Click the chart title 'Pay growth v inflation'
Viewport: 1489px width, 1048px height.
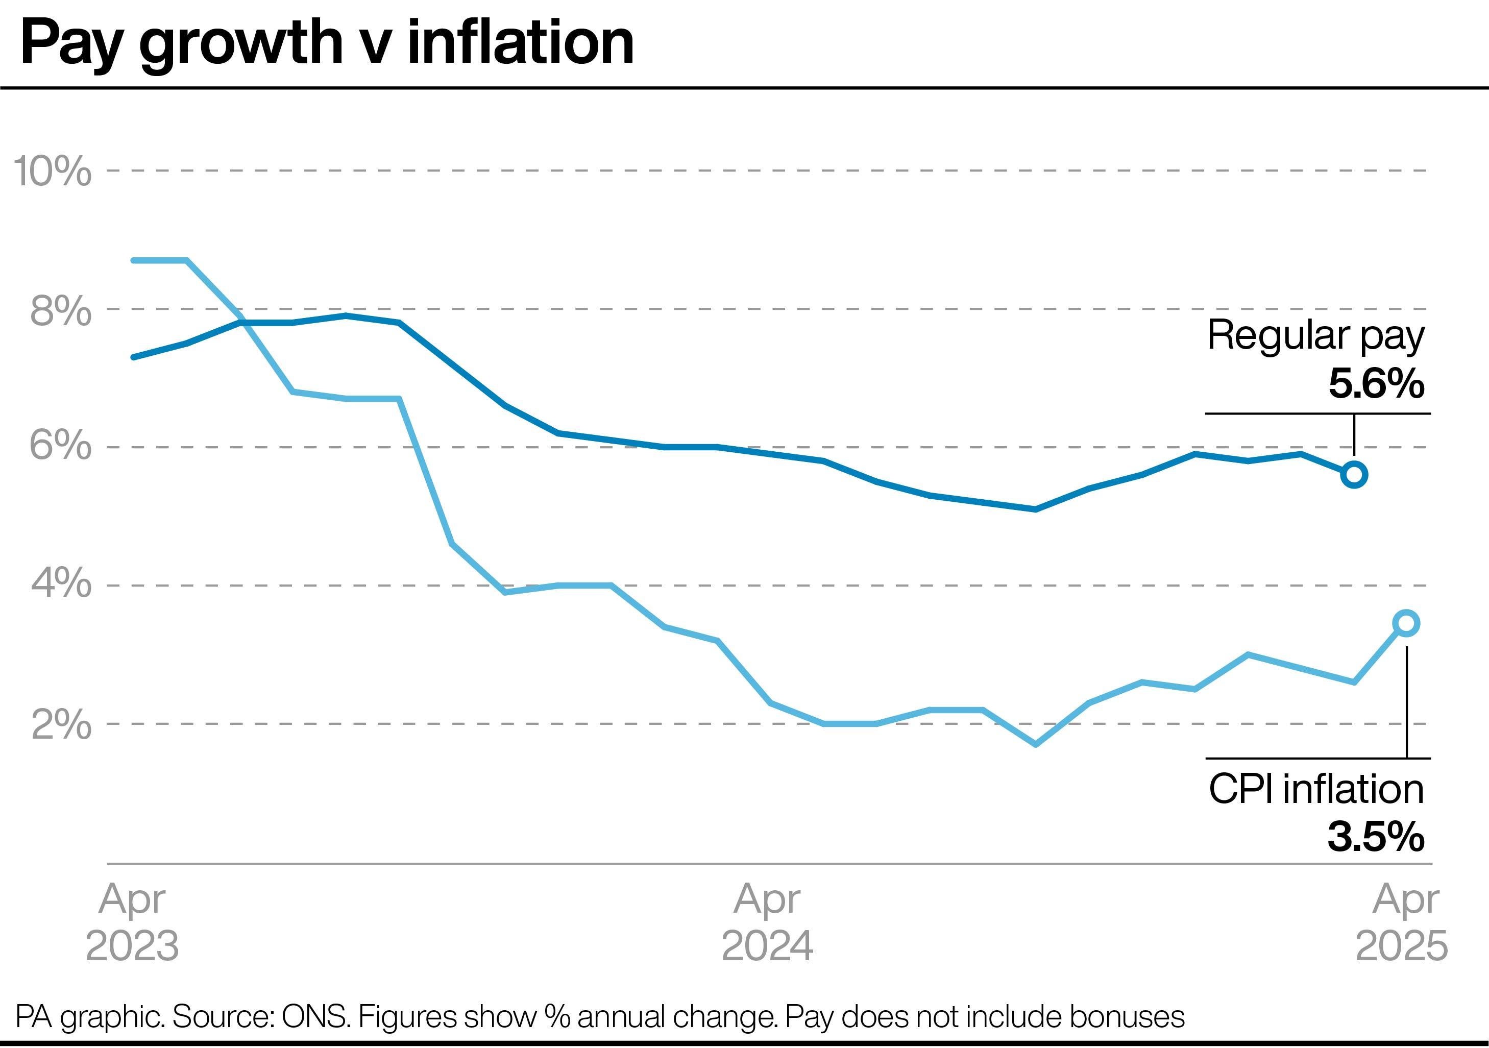tap(328, 44)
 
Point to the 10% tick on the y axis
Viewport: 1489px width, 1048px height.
tap(52, 171)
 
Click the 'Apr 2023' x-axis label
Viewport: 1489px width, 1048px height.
tap(132, 921)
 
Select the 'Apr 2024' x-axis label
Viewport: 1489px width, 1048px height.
tap(767, 921)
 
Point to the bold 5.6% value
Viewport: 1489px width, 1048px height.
tap(1376, 384)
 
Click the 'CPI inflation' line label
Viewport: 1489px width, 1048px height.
tap(1316, 789)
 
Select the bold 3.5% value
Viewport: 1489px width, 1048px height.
tap(1376, 837)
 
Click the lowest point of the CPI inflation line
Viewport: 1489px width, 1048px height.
tap(1036, 744)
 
